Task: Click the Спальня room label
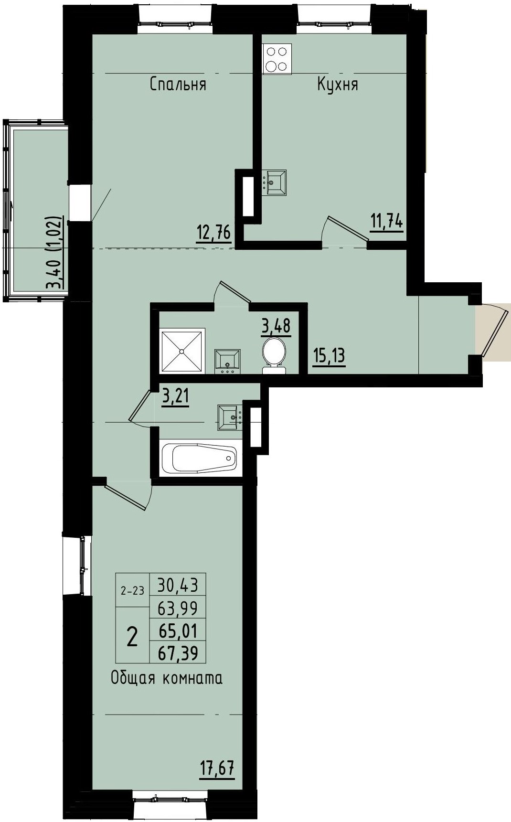[x=178, y=85]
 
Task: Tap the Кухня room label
[x=338, y=85]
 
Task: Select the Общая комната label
[x=166, y=678]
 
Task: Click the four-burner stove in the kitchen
[x=277, y=59]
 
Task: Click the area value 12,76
[x=213, y=234]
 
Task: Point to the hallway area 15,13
[x=329, y=356]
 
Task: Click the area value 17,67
[x=217, y=769]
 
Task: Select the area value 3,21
[x=176, y=397]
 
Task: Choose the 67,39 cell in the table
[x=178, y=652]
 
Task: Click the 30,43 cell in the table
[x=178, y=584]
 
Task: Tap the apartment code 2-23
[x=132, y=591]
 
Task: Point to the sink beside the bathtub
[x=230, y=417]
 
